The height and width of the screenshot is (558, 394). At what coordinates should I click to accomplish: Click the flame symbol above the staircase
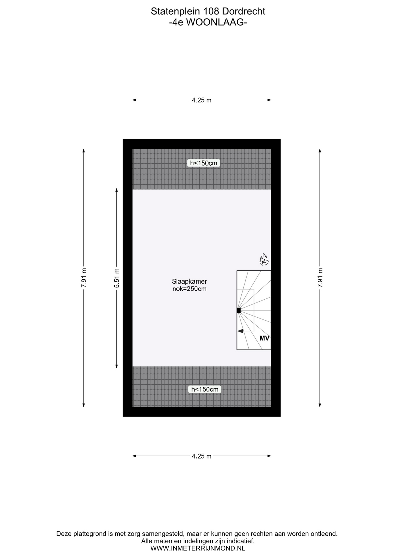point(264,260)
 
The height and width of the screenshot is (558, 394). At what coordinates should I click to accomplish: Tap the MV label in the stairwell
point(264,338)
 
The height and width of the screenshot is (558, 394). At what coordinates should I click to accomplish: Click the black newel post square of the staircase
point(238,310)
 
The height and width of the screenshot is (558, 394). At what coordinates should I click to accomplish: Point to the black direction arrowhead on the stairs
point(240,331)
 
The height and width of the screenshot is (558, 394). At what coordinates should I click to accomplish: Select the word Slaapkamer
point(189,281)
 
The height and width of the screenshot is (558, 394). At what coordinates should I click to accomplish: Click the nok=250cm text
point(189,289)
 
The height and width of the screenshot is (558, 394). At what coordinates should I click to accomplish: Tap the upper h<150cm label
point(204,163)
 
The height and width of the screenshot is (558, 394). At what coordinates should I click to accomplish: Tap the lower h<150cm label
point(205,389)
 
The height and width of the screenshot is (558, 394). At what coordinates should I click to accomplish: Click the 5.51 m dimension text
point(117,278)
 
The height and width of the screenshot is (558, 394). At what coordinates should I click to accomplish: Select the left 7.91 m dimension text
point(84,278)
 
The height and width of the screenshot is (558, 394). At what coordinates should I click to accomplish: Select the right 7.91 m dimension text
point(320,278)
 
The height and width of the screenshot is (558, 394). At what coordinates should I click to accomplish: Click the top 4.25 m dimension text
point(202,100)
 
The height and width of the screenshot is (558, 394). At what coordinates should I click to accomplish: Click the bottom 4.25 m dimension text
point(202,456)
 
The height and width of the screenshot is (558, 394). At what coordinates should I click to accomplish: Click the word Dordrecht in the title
point(244,11)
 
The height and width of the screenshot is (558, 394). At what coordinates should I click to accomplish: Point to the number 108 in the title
point(211,11)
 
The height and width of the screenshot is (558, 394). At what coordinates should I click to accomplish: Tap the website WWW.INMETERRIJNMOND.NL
point(198,548)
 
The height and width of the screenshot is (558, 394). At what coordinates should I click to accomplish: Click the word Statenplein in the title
point(176,11)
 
